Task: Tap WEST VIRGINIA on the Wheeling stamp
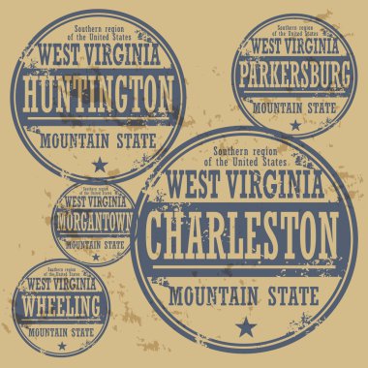[x=64, y=285]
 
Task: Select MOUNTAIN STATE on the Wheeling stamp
[x=65, y=330]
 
